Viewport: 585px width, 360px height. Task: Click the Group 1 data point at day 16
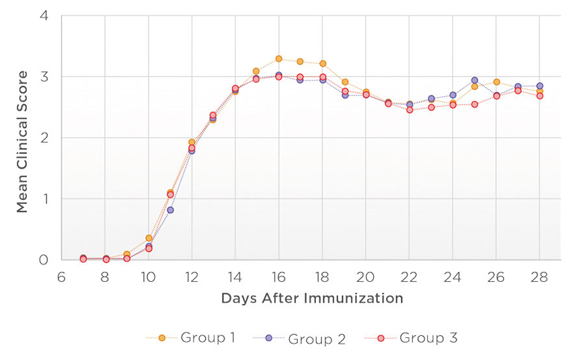[x=278, y=59]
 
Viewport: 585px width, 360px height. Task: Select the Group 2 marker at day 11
[x=170, y=210]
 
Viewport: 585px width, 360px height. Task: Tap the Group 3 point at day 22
[x=409, y=110]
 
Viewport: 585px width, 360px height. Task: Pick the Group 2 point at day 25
[x=474, y=80]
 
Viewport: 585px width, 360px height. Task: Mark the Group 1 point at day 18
[x=322, y=64]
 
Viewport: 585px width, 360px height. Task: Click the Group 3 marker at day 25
[x=474, y=104]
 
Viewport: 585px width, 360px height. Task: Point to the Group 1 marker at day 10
[x=149, y=238]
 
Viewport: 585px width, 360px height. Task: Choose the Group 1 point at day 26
[x=496, y=82]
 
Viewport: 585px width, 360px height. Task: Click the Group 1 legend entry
[x=190, y=338]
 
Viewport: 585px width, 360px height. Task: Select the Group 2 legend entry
[x=300, y=338]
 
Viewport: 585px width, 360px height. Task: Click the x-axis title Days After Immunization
[x=312, y=298]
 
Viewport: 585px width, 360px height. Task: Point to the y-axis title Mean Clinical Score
[x=23, y=141]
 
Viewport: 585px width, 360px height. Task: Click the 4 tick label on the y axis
[x=44, y=15]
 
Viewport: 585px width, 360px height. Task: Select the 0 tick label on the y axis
[x=44, y=260]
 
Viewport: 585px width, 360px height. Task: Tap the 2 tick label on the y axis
[x=44, y=137]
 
